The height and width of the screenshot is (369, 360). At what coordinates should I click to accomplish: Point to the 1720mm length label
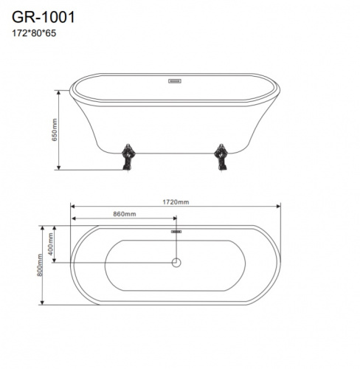point(177,201)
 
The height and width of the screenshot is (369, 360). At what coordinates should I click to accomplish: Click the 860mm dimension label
point(123,214)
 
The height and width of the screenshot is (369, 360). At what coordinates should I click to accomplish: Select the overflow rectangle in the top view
point(176,232)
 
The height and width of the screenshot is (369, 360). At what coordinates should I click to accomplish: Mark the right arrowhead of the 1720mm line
point(280,206)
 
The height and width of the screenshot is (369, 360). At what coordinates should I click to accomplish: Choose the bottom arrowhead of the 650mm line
point(60,168)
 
